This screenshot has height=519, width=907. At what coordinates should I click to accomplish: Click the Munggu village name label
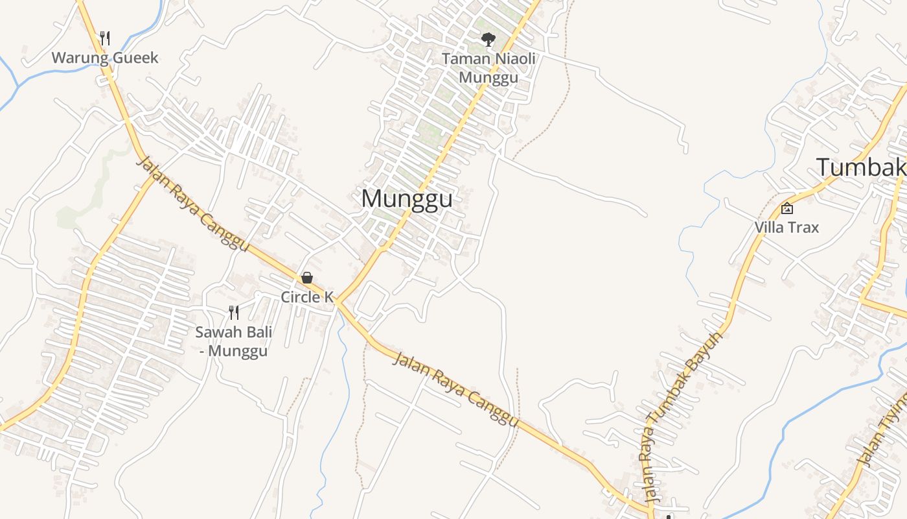pos(407,199)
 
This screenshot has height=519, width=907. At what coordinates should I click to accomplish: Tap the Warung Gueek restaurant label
pos(105,58)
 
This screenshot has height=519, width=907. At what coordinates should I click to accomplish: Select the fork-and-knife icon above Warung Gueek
pos(105,38)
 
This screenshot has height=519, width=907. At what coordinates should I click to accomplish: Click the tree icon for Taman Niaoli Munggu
pos(488,40)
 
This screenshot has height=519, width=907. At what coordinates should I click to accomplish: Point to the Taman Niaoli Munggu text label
pos(488,68)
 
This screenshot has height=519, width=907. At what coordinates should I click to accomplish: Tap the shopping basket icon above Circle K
pos(307,278)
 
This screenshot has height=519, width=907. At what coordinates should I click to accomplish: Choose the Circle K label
pos(307,297)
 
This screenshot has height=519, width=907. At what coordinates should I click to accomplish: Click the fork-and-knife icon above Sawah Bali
pos(234,313)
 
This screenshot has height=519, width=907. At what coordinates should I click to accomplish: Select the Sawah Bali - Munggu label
pos(233,342)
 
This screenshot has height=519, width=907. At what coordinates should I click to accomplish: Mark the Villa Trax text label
pos(786,228)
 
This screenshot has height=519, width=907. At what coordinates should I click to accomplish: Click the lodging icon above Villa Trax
pos(787,208)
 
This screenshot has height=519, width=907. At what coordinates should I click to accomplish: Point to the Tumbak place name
pos(860,167)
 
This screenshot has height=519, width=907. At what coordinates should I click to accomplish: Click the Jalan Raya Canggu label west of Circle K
pos(192,204)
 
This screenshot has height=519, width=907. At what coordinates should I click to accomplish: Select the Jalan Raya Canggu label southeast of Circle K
pos(456,389)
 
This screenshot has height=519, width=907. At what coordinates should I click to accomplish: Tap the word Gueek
pos(135,58)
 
